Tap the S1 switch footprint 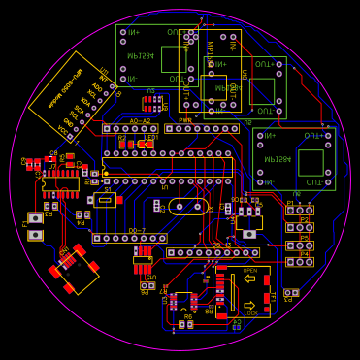click(105, 199)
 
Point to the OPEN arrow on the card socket click(250, 279)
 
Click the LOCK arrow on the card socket click(250, 304)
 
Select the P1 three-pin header click(299, 210)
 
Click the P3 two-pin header click(290, 292)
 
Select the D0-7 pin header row click(130, 238)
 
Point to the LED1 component click(146, 143)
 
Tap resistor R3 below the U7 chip click(49, 206)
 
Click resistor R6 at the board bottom click(183, 324)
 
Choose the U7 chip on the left click(60, 182)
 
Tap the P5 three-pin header click(299, 245)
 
